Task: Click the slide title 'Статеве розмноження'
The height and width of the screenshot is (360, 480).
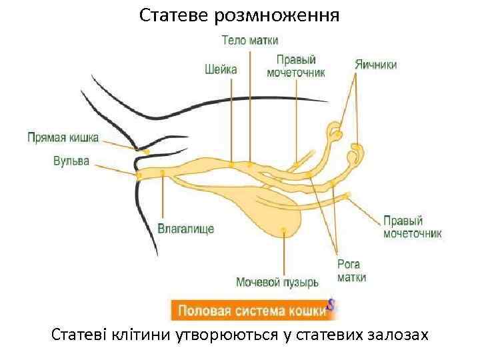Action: pos(239,14)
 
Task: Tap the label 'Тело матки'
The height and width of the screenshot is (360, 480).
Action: pos(250,41)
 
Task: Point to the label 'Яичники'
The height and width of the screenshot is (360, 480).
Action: pos(375,65)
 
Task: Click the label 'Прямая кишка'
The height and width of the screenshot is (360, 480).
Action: pos(63,138)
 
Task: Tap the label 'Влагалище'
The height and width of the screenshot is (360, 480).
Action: pos(185,229)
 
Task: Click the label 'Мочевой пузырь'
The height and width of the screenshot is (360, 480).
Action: pos(277,282)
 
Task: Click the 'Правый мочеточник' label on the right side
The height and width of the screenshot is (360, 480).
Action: pos(412,227)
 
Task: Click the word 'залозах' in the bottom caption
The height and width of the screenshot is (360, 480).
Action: pos(397,335)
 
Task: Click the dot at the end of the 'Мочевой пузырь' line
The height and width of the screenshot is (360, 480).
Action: pos(284,230)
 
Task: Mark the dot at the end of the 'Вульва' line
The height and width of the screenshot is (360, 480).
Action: pos(139,175)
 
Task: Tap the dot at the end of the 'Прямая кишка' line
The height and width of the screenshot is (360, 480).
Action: pos(146,152)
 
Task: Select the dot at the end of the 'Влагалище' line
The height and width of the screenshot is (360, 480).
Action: pos(163,173)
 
